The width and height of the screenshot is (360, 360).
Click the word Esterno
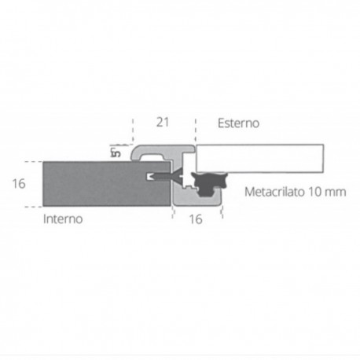point(238,123)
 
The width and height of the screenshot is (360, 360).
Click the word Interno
point(63,221)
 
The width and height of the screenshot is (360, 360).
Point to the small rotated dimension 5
point(114,152)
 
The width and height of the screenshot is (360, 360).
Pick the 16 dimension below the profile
point(196,219)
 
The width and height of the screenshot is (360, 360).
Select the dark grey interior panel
point(94,183)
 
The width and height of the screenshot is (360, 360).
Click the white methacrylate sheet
point(259,157)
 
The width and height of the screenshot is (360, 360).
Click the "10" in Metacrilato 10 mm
point(317,191)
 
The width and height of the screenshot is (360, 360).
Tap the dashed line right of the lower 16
point(223,211)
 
